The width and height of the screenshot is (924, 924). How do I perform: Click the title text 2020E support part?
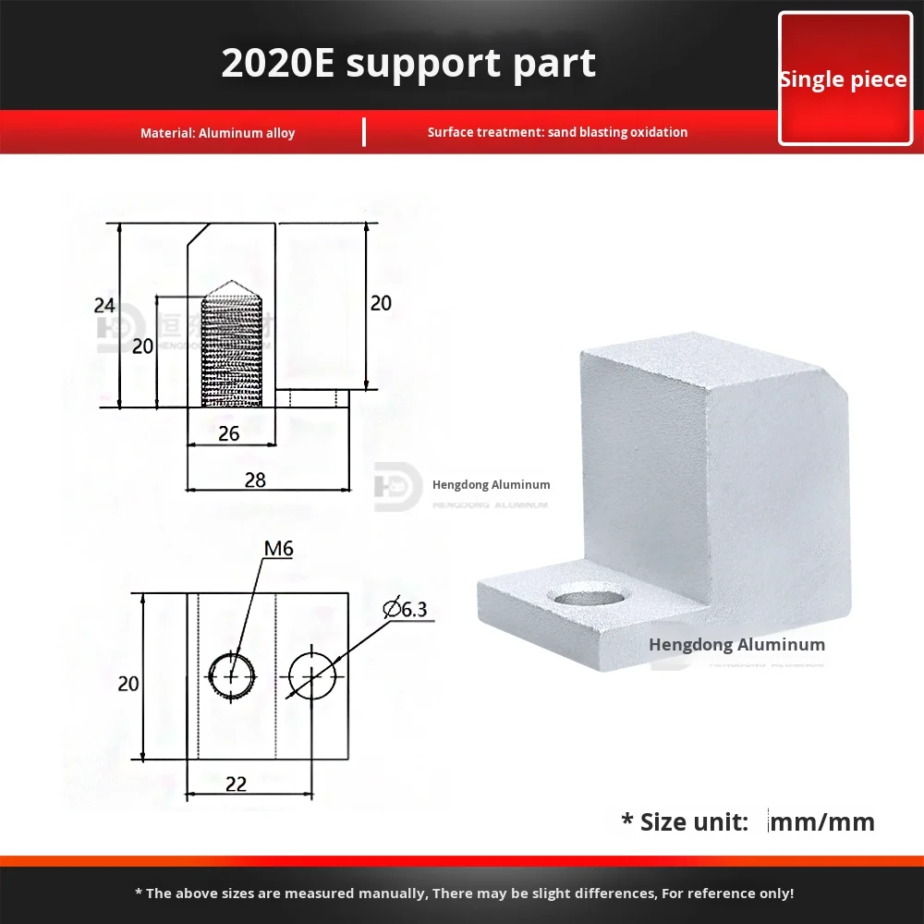click(408, 63)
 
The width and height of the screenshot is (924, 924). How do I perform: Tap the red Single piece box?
click(844, 79)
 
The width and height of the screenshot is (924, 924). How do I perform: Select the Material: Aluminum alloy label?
click(217, 133)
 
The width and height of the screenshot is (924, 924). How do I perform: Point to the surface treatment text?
click(557, 132)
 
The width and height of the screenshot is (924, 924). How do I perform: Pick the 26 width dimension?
click(229, 433)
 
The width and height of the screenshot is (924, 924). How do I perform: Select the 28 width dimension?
click(255, 479)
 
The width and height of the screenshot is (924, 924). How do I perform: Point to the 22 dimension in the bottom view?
click(236, 783)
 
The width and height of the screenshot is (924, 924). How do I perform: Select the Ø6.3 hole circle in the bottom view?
click(311, 675)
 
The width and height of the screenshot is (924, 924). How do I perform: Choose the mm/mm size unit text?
click(821, 821)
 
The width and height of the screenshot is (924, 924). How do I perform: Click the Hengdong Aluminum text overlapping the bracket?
click(736, 645)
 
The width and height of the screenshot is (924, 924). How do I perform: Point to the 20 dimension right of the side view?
click(380, 302)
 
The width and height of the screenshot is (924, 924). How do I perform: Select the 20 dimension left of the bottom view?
click(128, 684)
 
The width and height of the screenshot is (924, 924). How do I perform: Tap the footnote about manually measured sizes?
click(463, 894)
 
